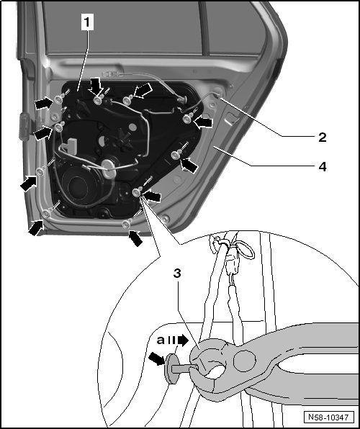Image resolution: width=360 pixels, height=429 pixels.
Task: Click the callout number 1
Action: click(87, 22)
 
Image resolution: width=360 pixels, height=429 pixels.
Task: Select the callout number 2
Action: click(323, 137)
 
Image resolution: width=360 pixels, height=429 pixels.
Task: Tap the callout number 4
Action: click(323, 166)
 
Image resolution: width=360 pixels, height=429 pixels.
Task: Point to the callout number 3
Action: click(177, 273)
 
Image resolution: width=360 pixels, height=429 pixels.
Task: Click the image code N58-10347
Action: click(328, 417)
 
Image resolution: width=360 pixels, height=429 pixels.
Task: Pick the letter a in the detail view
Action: click(161, 340)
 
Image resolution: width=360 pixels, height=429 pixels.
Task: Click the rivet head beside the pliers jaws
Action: click(171, 369)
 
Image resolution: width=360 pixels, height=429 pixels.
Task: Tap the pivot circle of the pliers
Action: click(245, 361)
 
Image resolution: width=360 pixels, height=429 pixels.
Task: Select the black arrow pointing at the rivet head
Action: click(157, 358)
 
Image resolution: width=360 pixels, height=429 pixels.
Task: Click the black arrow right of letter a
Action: click(183, 340)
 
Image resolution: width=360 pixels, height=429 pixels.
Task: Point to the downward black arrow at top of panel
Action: click(96, 86)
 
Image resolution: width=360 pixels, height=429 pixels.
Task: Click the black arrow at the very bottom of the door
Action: click(136, 238)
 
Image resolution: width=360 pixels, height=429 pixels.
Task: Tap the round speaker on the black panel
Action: click(79, 186)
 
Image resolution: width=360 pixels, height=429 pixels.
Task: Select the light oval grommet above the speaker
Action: click(109, 169)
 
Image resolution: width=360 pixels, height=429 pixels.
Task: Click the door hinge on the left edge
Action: click(24, 127)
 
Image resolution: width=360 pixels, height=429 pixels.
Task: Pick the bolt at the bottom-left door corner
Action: click(47, 213)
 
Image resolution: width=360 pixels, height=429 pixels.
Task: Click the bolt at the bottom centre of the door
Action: click(126, 225)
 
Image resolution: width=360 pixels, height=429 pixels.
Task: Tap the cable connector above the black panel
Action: click(109, 74)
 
